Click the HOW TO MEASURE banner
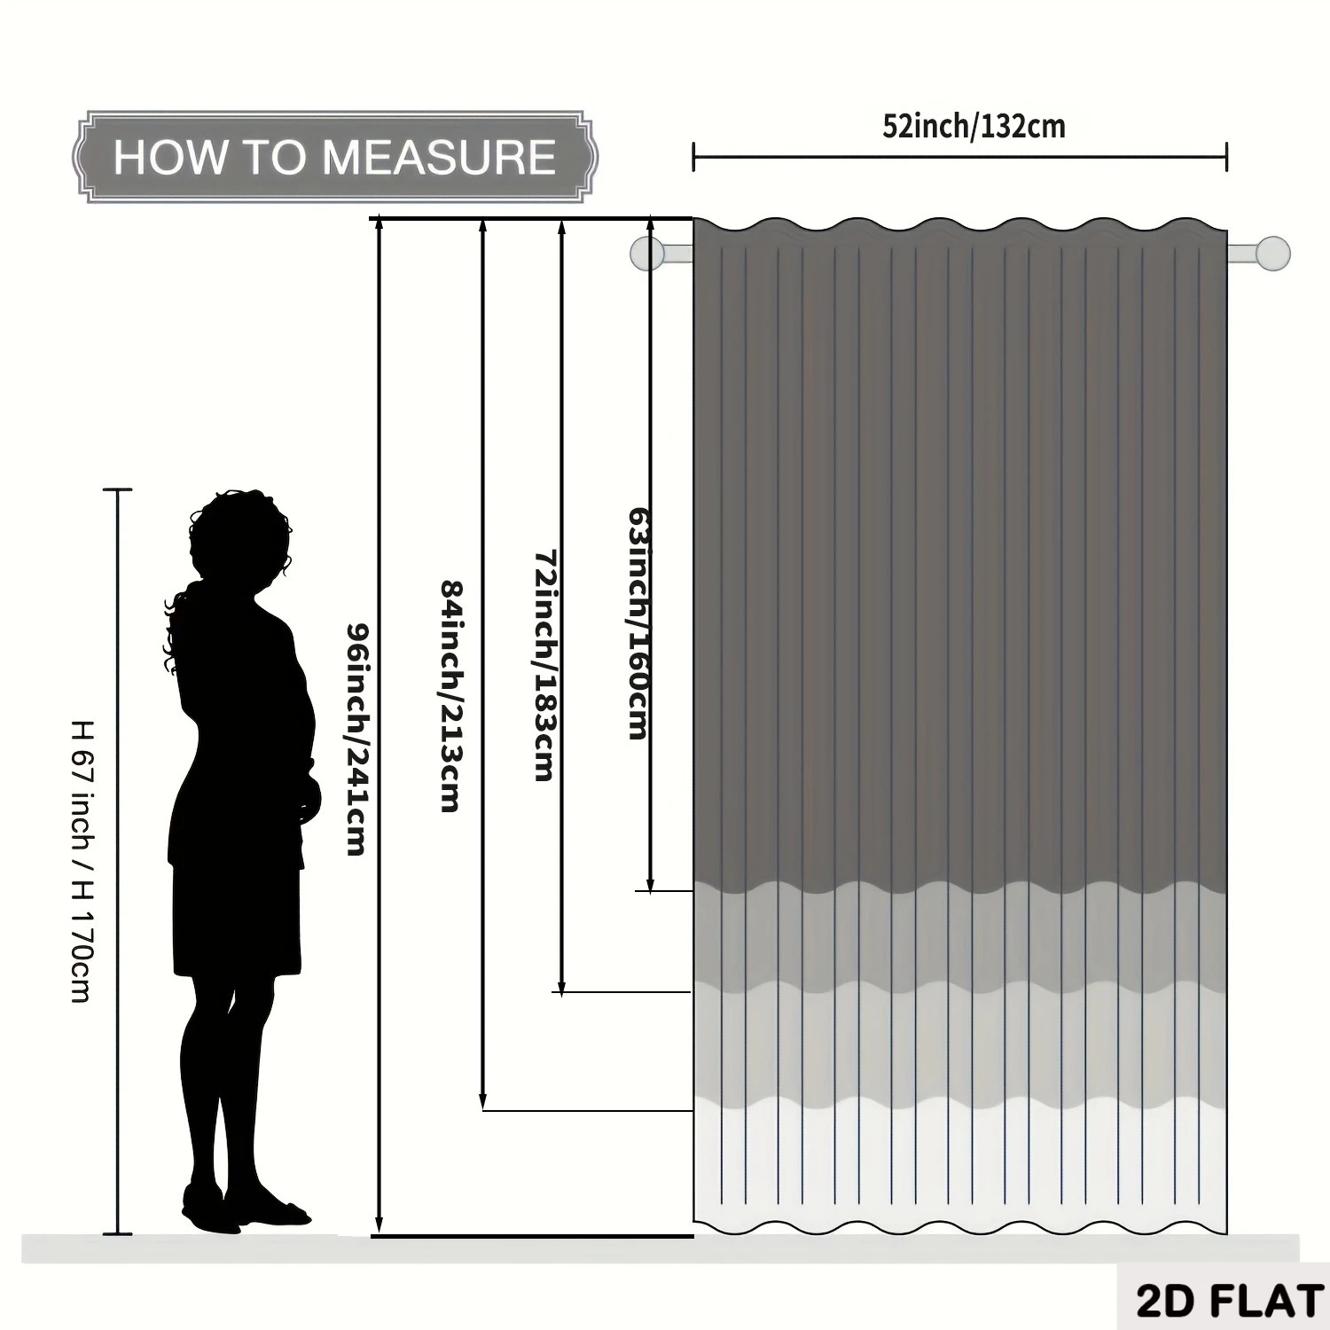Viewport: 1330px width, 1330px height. pyautogui.click(x=335, y=157)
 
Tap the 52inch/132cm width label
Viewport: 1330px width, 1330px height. pyautogui.click(x=974, y=127)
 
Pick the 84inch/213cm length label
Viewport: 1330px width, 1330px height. pyautogui.click(x=450, y=696)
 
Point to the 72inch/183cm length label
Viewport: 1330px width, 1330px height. pyautogui.click(x=545, y=666)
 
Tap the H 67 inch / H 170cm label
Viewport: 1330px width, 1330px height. pyautogui.click(x=81, y=860)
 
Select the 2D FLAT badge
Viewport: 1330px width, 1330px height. pyautogui.click(x=1231, y=1301)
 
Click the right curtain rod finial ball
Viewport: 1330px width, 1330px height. pyautogui.click(x=1273, y=253)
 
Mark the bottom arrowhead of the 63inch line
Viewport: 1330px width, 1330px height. pyautogui.click(x=650, y=885)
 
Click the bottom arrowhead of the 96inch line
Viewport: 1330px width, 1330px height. pyautogui.click(x=379, y=1225)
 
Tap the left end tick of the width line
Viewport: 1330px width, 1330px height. pyautogui.click(x=693, y=157)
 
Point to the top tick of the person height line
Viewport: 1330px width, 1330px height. pyautogui.click(x=118, y=489)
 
